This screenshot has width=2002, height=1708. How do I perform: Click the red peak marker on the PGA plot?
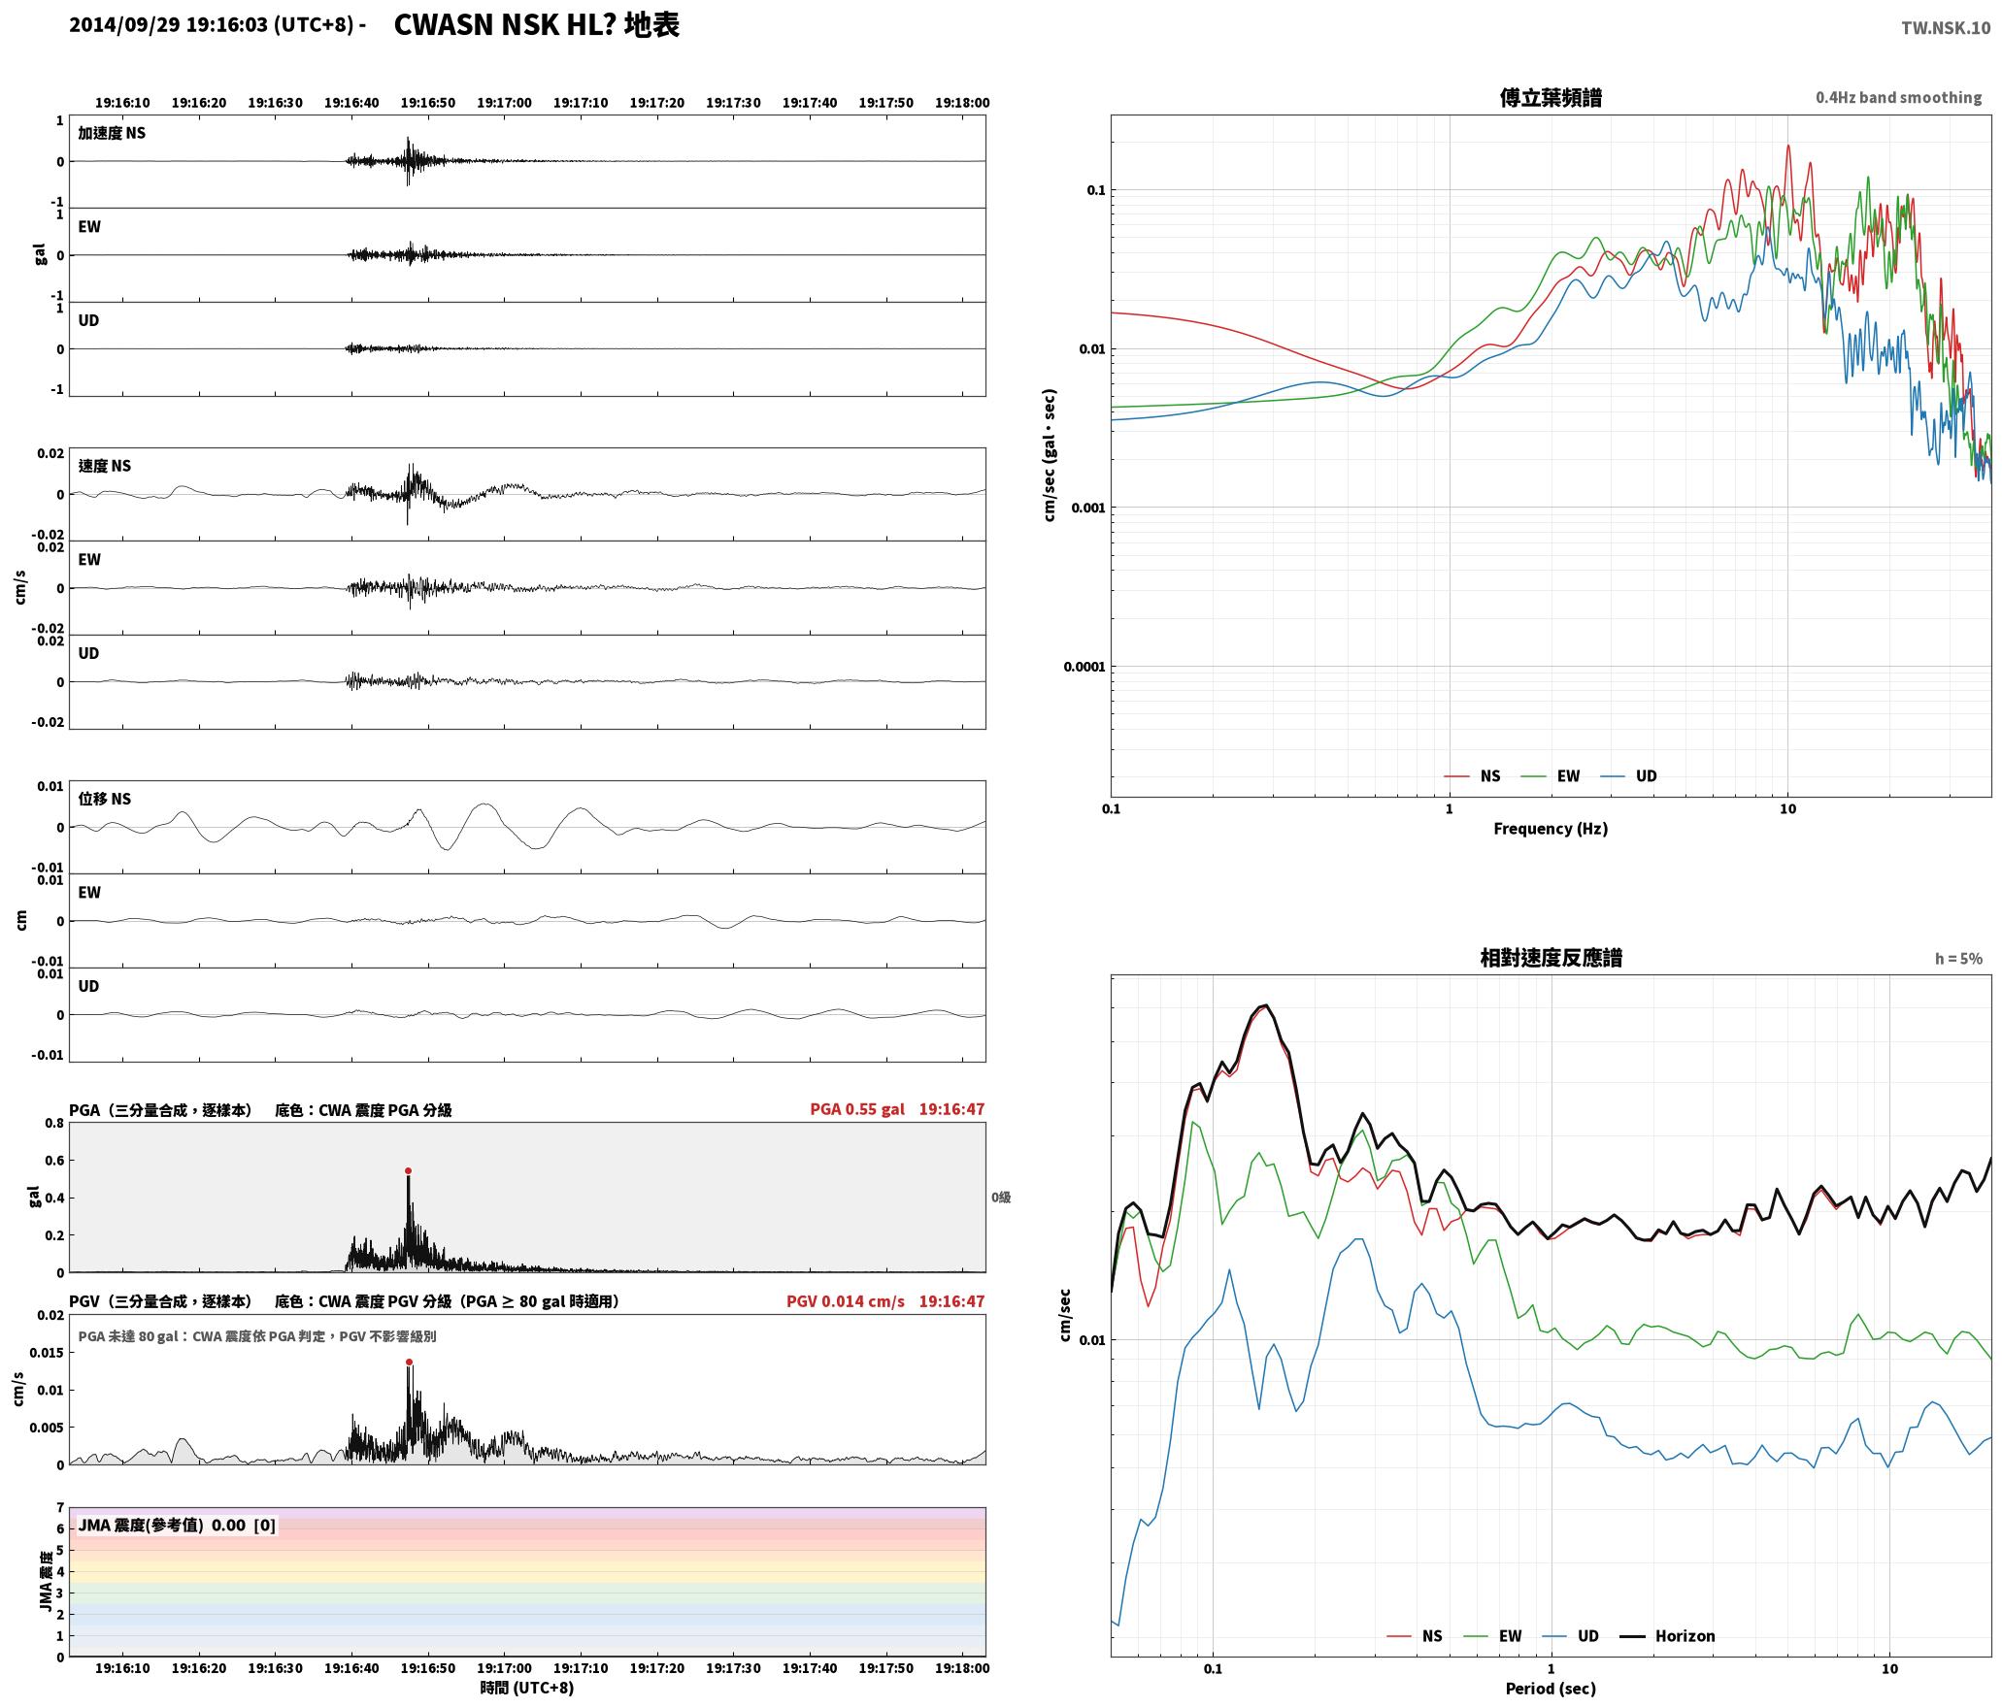[x=408, y=1171]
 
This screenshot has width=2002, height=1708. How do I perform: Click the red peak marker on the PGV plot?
[x=409, y=1363]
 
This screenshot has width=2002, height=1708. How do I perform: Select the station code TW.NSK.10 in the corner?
[x=1945, y=28]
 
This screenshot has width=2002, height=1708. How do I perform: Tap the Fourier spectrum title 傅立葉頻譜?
[x=1551, y=98]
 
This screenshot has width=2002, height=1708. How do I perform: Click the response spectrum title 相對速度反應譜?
[x=1551, y=958]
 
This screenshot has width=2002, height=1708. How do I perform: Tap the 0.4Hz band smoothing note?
[x=1898, y=98]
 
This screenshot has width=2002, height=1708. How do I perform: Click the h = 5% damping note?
[x=1958, y=959]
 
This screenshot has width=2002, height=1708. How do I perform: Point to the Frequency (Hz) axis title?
[x=1551, y=829]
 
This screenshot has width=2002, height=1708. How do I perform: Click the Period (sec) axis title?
[x=1551, y=1689]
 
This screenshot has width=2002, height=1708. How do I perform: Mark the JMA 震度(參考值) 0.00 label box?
[x=177, y=1526]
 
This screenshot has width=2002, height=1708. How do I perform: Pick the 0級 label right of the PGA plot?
[x=1001, y=1198]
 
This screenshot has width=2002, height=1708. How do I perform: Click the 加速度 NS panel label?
[x=112, y=133]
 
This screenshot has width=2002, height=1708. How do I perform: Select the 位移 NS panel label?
[x=104, y=799]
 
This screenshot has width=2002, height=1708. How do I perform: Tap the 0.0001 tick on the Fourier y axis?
[x=1084, y=667]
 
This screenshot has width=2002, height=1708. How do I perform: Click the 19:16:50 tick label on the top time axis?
[x=428, y=103]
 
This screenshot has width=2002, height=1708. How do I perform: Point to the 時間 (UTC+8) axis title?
[x=527, y=1688]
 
